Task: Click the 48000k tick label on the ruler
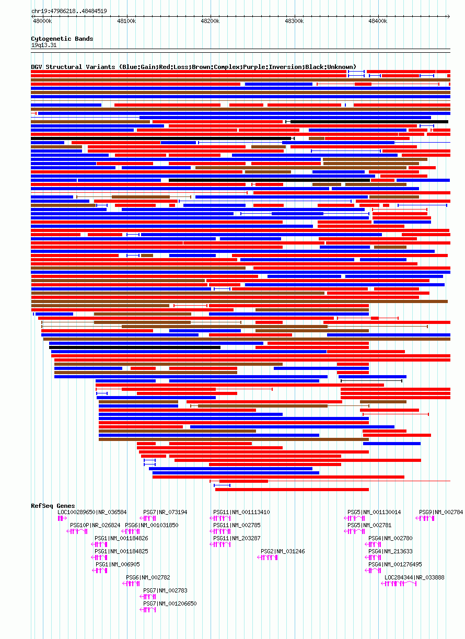point(42,21)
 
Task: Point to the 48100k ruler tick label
point(126,21)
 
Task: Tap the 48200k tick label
point(210,21)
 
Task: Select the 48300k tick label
point(294,21)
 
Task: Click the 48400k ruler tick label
point(377,21)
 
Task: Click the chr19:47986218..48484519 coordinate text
point(69,11)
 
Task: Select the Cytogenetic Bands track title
point(62,39)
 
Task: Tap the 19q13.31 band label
point(44,45)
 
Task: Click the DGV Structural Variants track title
point(193,67)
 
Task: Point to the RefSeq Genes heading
point(53,506)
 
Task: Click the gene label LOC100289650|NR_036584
point(92,512)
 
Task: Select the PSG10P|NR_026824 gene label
point(95,525)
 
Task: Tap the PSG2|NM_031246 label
point(283,551)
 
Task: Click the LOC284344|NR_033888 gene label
point(414,577)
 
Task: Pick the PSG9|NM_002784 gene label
point(441,512)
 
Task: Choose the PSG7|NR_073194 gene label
point(165,512)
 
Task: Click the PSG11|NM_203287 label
point(237,538)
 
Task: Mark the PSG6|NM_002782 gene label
point(148,577)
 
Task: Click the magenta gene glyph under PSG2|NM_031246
point(268,557)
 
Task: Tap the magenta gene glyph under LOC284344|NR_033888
point(400,584)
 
